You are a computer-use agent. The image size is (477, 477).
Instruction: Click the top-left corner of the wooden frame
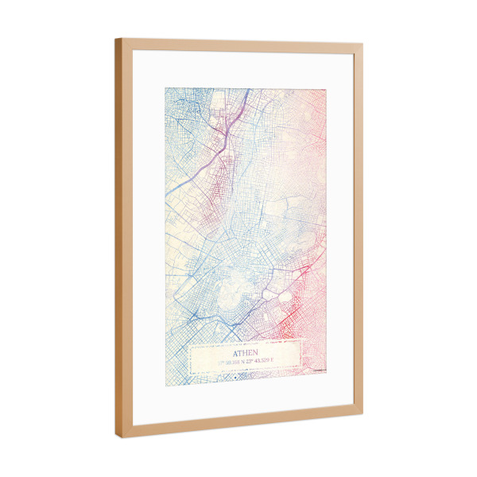point(116,39)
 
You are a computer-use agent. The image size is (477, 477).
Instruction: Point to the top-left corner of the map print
point(165,87)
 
